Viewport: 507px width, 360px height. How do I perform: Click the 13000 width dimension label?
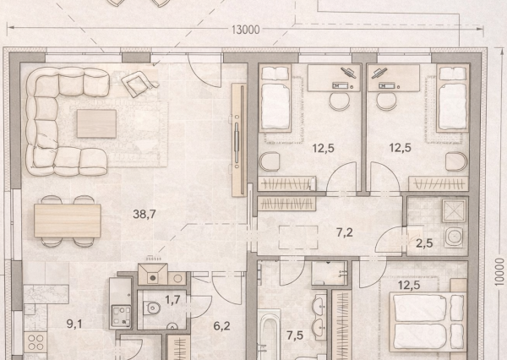246,30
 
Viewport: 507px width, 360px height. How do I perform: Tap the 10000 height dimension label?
499,272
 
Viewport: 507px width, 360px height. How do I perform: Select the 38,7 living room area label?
144,214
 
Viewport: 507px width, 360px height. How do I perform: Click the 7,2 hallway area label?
345,232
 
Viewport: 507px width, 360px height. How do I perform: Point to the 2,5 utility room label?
424,243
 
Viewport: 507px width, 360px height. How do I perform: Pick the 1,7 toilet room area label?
172,300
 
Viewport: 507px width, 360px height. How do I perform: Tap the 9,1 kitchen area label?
74,324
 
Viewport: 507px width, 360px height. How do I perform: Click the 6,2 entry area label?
221,325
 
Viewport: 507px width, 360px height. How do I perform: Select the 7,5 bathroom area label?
295,335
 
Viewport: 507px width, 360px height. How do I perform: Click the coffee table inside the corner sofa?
96,123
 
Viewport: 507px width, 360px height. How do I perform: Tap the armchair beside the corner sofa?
139,84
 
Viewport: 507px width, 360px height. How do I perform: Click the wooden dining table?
68,221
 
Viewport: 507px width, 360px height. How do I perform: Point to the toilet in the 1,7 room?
153,308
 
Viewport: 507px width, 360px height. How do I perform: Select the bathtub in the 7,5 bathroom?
269,335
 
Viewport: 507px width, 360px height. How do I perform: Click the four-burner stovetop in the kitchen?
35,342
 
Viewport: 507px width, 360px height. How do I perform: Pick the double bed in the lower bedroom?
428,322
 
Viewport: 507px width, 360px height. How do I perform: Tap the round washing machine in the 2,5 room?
455,237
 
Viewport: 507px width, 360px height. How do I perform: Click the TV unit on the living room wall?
239,139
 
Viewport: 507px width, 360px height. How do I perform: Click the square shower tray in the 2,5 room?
455,210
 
